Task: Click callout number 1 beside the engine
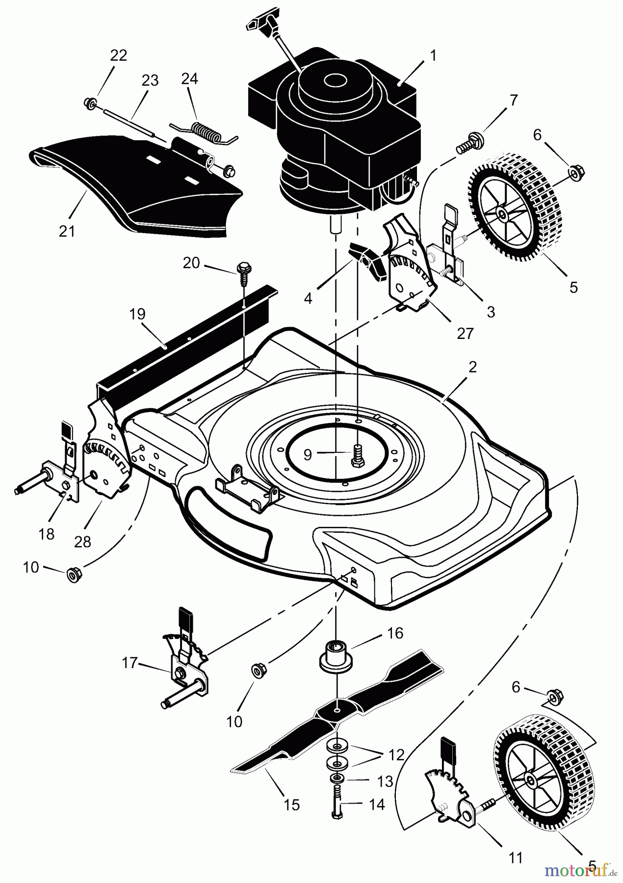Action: (x=432, y=55)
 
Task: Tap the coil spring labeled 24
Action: (x=201, y=131)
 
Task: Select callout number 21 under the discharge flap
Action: (x=67, y=231)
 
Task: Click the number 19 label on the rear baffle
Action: (x=138, y=314)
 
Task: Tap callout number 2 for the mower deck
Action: (x=472, y=367)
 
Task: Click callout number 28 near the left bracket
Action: (x=83, y=542)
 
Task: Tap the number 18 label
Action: (x=47, y=534)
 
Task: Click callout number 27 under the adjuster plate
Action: (x=465, y=333)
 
